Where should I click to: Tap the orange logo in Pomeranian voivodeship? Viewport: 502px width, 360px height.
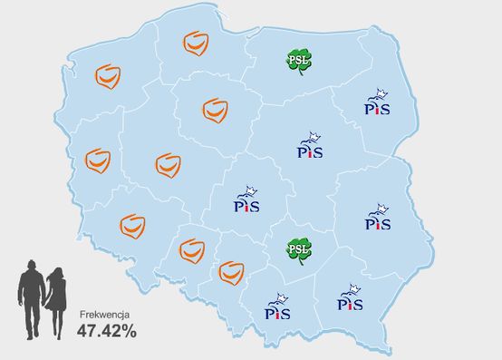tap(196, 43)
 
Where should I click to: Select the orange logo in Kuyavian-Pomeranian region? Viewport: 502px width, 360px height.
tap(214, 110)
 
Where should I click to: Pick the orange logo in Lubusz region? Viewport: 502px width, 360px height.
tap(98, 160)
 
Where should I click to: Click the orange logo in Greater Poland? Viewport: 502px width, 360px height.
tap(168, 165)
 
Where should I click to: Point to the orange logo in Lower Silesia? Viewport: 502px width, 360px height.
tap(133, 224)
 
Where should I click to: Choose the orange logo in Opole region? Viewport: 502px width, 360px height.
tap(192, 249)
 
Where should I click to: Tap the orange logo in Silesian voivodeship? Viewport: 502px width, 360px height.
tap(232, 269)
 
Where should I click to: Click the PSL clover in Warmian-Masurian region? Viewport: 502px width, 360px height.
tap(299, 61)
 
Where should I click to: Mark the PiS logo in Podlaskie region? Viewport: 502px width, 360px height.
tap(377, 102)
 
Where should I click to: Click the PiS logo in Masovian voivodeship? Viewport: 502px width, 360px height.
tap(311, 145)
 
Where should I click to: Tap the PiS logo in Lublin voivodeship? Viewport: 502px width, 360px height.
tap(378, 217)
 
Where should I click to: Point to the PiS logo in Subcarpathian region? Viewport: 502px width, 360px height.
tap(350, 297)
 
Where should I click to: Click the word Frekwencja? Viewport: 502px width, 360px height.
tap(105, 313)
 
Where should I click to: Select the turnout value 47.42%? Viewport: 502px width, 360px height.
tap(106, 331)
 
